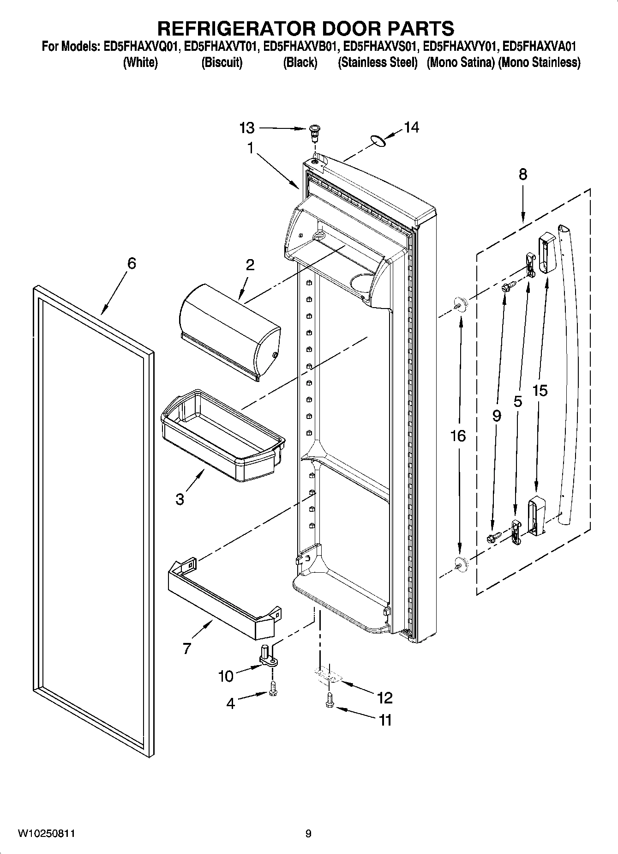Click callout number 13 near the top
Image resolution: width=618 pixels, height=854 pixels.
tap(247, 127)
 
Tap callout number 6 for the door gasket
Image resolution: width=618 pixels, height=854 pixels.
tap(132, 263)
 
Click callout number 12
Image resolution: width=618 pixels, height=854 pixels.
tap(384, 697)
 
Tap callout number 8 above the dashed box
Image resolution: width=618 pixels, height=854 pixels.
tap(522, 175)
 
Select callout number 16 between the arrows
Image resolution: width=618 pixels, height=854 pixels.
tap(458, 436)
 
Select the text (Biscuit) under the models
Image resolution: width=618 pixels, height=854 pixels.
tap(222, 63)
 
